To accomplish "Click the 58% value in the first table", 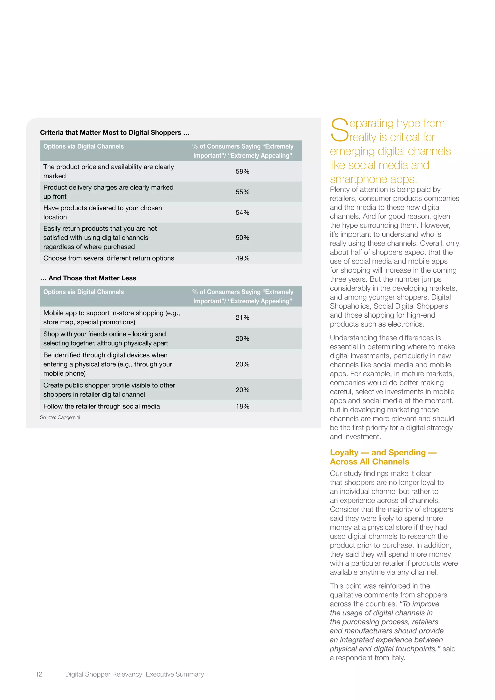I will (x=242, y=171).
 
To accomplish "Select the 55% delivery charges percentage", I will (x=242, y=192).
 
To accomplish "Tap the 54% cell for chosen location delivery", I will (x=242, y=212).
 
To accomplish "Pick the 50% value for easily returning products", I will (x=242, y=238).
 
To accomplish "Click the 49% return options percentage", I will (x=242, y=258).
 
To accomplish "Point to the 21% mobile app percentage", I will (x=242, y=317).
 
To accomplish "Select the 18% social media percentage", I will (x=242, y=406).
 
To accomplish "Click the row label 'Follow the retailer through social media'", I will (x=102, y=406).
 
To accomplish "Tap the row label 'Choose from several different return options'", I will (x=109, y=258).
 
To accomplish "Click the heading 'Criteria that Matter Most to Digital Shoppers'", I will (x=115, y=132).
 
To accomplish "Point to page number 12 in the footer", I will (x=39, y=674).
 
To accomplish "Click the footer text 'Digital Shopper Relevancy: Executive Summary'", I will (x=134, y=674).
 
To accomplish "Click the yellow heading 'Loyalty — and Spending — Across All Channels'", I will (x=383, y=457).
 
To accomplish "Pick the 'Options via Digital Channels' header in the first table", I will (x=84, y=146).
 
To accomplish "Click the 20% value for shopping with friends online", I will (x=242, y=338).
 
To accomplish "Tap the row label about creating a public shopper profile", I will (x=109, y=390).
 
